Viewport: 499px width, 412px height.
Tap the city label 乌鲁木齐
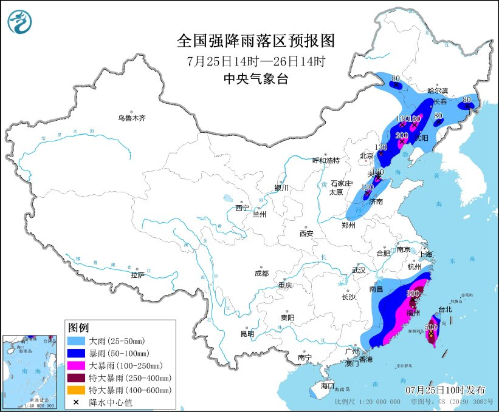pyautogui.click(x=132, y=118)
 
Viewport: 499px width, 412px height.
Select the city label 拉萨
pyautogui.click(x=137, y=275)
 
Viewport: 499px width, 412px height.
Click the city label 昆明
pyautogui.click(x=247, y=334)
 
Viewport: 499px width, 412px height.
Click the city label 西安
pyautogui.click(x=306, y=233)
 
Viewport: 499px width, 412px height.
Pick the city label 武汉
pyautogui.click(x=359, y=269)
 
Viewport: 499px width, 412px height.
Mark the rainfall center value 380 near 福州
pyautogui.click(x=413, y=292)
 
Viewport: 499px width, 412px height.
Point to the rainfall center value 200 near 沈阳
pyautogui.click(x=402, y=135)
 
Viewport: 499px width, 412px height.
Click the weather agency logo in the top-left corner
pyautogui.click(x=19, y=22)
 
